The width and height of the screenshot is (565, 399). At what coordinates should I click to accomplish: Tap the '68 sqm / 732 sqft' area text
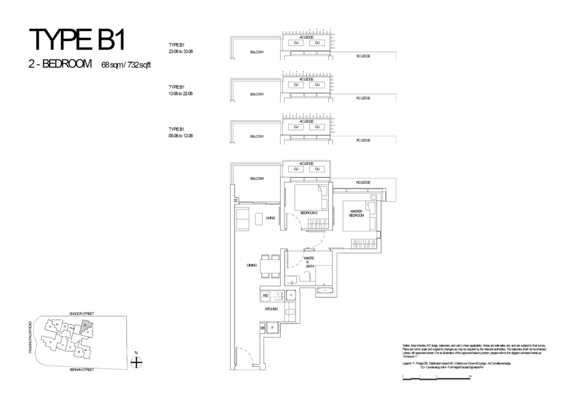click(126, 64)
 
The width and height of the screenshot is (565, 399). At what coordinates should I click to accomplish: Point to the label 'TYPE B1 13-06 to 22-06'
click(180, 90)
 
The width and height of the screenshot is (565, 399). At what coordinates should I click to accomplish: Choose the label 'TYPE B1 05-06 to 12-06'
click(180, 132)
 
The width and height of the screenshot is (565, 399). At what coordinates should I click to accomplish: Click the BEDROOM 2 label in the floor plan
click(309, 213)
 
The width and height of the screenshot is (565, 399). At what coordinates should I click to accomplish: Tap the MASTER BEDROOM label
click(355, 213)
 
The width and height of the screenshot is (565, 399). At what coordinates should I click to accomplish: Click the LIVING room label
click(270, 218)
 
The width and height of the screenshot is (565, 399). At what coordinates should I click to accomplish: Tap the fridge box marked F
click(272, 328)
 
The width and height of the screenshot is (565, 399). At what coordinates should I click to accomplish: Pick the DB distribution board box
click(262, 328)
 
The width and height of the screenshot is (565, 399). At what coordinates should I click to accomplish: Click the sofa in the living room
click(242, 219)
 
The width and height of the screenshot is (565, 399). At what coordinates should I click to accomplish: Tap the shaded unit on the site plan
click(85, 326)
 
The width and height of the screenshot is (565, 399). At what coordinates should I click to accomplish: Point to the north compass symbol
click(136, 362)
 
